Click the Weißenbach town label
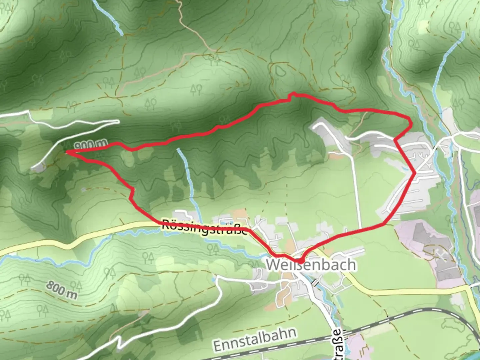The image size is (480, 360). [x=310, y=265]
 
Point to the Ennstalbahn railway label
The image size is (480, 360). [x=255, y=339]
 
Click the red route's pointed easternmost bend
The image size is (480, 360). [x=415, y=173]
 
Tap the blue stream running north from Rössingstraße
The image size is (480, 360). [x=187, y=177]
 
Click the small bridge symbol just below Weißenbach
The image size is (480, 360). [x=314, y=282]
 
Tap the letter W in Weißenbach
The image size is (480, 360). [x=274, y=265]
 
